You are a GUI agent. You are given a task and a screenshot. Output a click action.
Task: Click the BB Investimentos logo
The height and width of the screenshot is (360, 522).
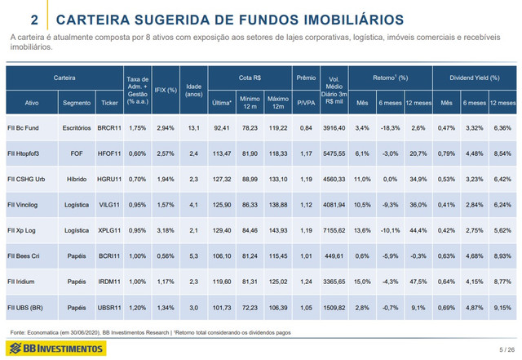pos(56,349)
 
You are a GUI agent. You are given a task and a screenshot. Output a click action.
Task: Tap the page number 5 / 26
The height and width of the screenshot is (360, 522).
pos(507,349)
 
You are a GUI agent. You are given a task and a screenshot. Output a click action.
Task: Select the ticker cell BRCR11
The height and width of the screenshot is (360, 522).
pos(109,128)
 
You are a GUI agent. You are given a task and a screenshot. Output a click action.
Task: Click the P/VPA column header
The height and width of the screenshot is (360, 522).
pos(306,103)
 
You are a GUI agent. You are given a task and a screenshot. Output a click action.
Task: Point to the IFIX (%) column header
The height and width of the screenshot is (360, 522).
pos(166,90)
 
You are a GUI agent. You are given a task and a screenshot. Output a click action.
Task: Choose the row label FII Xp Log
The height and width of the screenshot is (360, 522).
pos(21,231)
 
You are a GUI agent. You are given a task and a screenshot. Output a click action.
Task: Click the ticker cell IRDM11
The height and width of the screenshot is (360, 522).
pos(109,282)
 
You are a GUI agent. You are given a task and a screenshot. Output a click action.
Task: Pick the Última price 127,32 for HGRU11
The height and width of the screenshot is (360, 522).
pos(222,180)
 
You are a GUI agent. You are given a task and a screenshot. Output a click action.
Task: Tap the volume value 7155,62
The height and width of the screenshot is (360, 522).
pos(334,230)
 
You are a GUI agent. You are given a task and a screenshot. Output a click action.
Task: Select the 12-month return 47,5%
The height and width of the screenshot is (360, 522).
pos(418,282)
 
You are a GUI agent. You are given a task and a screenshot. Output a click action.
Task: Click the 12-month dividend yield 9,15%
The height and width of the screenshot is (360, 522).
pos(502,308)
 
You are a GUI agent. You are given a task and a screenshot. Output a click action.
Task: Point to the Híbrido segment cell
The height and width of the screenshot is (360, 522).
pos(77,180)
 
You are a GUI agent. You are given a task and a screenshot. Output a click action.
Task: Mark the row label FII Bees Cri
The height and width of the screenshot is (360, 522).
pos(24,256)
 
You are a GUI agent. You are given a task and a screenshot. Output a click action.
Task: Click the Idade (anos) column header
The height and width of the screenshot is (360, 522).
pos(194,91)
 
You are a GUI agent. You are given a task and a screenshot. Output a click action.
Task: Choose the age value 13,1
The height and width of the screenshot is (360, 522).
pos(194,128)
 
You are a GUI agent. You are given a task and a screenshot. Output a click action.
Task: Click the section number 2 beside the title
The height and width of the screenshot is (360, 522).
pos(34,20)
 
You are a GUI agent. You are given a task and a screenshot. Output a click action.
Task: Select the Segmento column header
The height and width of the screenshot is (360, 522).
pos(77,103)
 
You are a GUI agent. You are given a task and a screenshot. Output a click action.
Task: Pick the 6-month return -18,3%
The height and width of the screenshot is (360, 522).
pos(390,128)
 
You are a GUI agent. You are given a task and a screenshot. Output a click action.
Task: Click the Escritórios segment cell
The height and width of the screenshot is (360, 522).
pos(77,128)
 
